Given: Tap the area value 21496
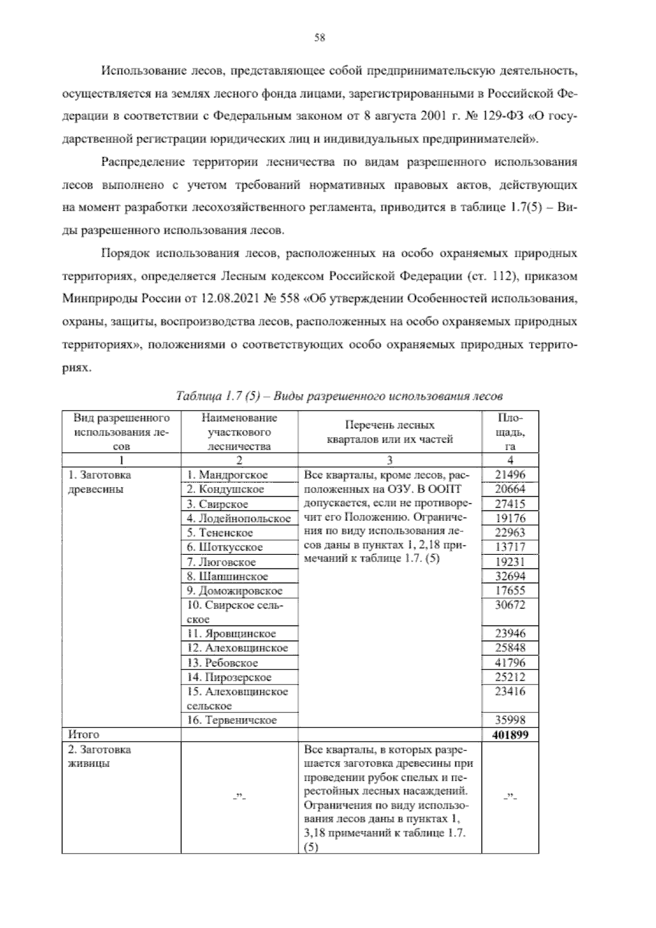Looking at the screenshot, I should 509,475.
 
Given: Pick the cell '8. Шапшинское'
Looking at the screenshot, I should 227,576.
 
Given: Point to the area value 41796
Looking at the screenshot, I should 509,663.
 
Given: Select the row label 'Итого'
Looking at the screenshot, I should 84,734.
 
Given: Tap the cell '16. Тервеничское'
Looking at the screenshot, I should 232,720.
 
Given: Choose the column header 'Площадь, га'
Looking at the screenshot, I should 510,432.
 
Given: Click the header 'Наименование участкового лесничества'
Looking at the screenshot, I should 239,432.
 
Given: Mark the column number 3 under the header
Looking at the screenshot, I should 389,460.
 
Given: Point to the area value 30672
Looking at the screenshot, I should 509,605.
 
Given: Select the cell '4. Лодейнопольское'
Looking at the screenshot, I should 238,518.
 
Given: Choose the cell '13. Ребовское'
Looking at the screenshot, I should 222,663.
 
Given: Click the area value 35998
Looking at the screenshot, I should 509,720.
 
